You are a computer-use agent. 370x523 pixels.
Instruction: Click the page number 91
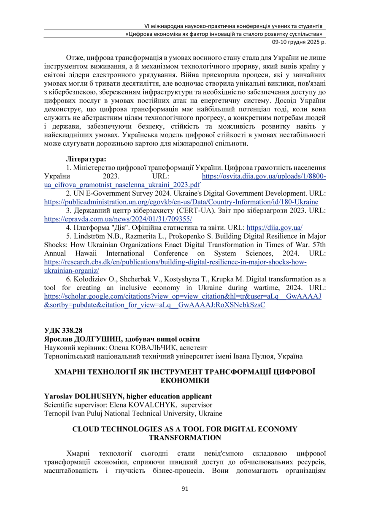pyautogui.click(x=184, y=489)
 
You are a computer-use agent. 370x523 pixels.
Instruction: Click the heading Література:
pyautogui.click(x=86, y=159)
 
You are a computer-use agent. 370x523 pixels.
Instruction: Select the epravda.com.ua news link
pyautogui.click(x=118, y=219)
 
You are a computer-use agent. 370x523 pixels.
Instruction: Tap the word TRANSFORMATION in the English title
pyautogui.click(x=185, y=437)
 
